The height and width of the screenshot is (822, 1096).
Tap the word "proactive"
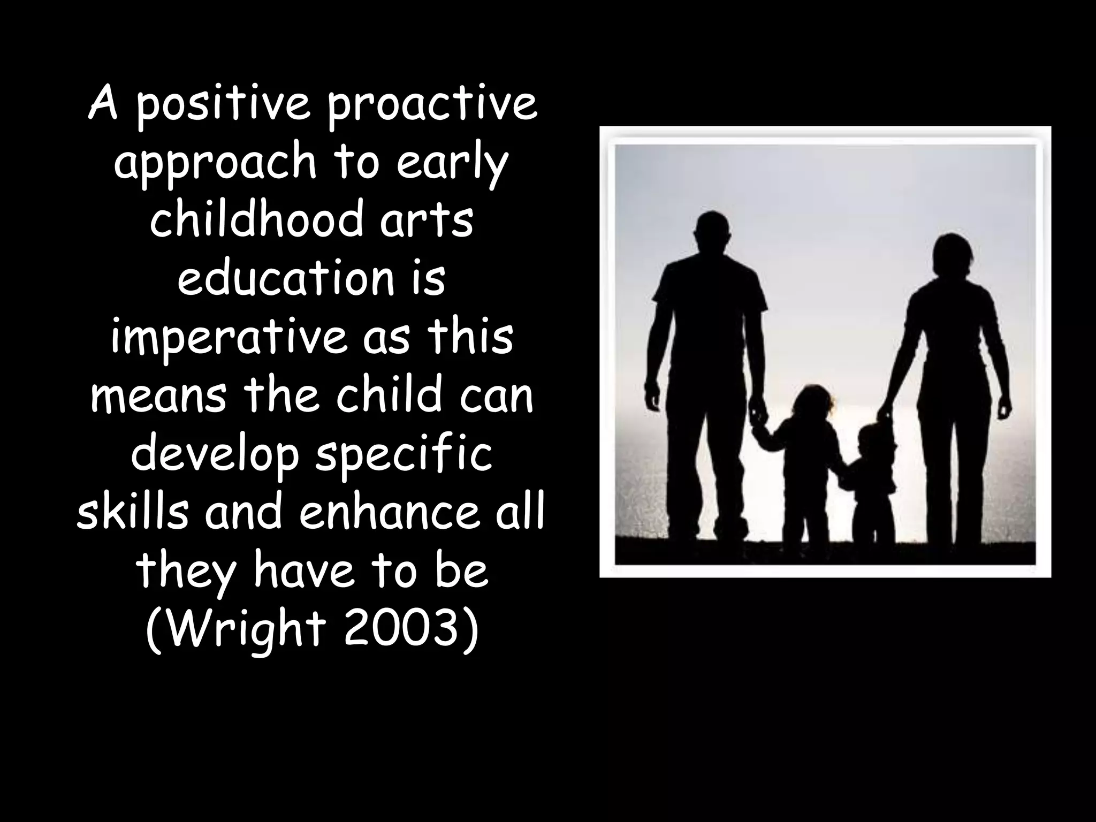[431, 106]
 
